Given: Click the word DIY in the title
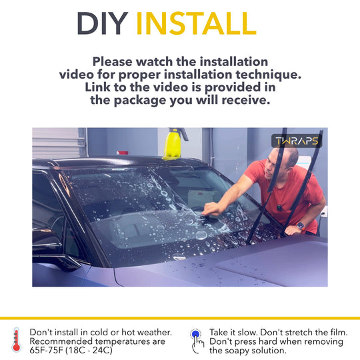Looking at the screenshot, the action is [x=103, y=23].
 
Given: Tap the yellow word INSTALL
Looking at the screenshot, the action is [x=196, y=23].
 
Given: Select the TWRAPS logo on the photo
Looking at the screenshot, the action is [x=297, y=141].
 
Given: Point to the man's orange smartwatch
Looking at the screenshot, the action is [x=300, y=226].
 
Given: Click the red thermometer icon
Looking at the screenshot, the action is [x=16, y=340].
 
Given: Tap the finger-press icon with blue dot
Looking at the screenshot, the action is [x=197, y=341].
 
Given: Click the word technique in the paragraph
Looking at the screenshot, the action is [x=269, y=75].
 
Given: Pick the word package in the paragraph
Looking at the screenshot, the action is [x=140, y=101].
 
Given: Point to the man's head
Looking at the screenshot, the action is [x=281, y=160].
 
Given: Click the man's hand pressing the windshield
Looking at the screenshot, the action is [x=210, y=209].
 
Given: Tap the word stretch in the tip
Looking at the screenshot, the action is [x=304, y=333].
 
